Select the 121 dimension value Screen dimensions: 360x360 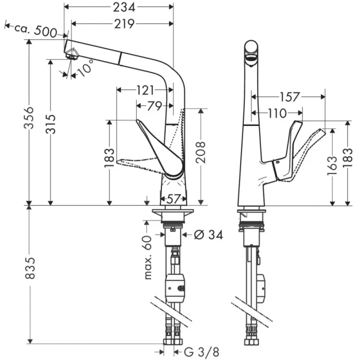point(145,91)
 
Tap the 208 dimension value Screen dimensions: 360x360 point(201,152)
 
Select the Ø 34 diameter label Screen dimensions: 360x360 point(208,235)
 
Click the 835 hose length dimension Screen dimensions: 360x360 point(29,268)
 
